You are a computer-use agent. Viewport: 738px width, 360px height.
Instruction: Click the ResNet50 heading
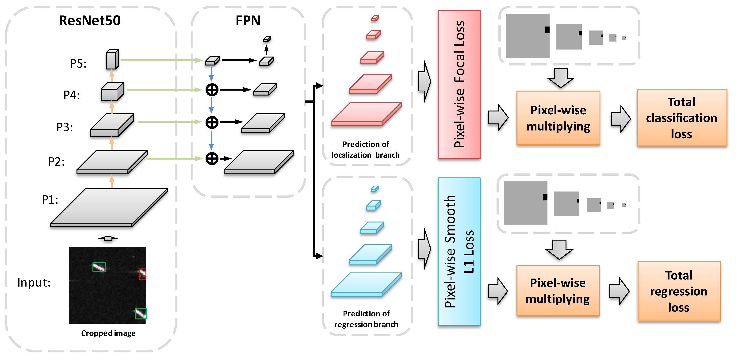[x=90, y=21]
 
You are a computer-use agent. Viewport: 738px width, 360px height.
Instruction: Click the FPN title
[x=248, y=21]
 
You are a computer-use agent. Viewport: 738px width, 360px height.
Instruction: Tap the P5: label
[x=78, y=64]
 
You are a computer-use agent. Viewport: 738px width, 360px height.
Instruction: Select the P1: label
[x=50, y=200]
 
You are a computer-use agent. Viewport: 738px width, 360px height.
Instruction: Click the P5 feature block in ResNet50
[x=112, y=60]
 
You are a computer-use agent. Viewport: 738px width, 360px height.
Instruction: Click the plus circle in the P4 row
[x=212, y=90]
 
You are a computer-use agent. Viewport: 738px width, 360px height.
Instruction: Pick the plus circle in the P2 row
[x=212, y=158]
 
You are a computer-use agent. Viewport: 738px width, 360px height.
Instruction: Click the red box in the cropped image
[x=142, y=274]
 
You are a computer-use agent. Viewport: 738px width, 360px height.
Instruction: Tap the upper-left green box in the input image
[x=99, y=267]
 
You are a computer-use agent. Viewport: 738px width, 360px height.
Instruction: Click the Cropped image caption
[x=108, y=333]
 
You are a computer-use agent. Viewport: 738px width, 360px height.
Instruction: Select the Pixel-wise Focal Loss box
[x=459, y=84]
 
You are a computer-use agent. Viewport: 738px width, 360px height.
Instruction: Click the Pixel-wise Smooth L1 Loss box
[x=459, y=252]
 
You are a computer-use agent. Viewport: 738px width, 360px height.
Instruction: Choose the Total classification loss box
[x=681, y=118]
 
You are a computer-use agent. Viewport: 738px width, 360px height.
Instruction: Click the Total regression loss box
[x=679, y=291]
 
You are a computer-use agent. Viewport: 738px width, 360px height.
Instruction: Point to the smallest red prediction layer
[x=375, y=19]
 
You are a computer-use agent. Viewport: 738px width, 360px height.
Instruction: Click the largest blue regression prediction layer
[x=366, y=285]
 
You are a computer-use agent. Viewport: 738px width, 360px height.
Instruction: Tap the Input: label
[x=34, y=283]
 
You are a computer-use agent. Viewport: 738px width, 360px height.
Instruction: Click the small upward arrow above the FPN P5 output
[x=267, y=49]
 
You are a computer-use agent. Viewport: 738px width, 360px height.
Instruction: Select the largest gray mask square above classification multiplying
[x=528, y=36]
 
